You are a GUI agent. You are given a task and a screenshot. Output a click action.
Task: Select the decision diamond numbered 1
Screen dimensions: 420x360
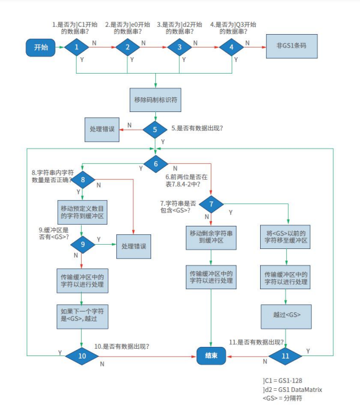click(x=77, y=47)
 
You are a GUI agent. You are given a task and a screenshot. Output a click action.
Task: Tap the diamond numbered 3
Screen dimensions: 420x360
click(x=179, y=47)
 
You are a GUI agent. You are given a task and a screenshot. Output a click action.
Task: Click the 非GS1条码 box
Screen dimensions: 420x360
click(x=292, y=46)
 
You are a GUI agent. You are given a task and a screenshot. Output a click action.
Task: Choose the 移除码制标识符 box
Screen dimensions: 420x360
click(x=156, y=99)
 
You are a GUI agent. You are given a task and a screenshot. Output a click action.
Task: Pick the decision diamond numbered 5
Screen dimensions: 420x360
click(x=156, y=129)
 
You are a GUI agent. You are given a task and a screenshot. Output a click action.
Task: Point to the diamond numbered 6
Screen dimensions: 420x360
click(x=156, y=163)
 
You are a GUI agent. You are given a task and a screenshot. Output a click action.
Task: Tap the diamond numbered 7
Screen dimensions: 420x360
click(x=211, y=204)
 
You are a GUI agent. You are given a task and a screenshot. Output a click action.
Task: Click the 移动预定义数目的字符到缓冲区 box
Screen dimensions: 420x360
click(x=82, y=212)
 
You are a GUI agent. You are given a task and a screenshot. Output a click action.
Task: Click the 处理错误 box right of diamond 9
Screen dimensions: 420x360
click(x=133, y=247)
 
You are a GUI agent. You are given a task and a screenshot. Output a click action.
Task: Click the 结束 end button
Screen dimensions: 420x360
click(x=211, y=355)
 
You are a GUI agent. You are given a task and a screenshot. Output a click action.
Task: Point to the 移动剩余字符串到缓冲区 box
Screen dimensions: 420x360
click(x=211, y=237)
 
